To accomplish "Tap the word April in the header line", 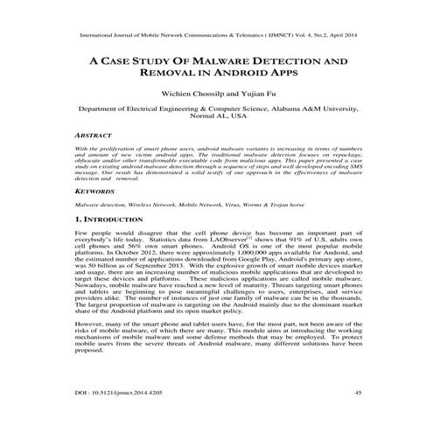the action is pos(336,37).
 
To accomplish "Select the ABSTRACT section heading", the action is pos(93,136).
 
